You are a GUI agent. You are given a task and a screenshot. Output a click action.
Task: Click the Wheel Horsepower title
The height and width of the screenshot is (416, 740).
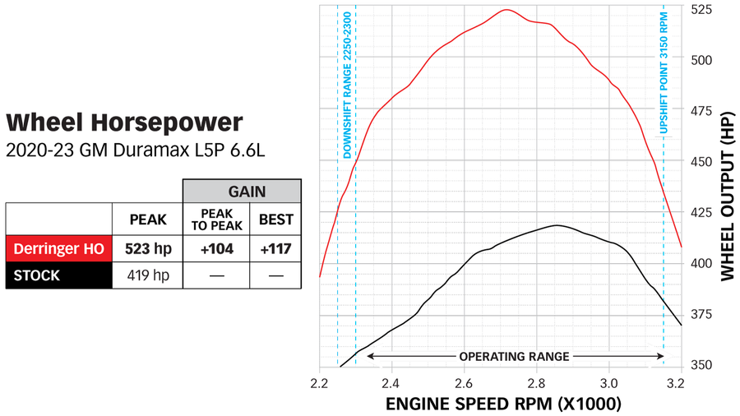coord(124,122)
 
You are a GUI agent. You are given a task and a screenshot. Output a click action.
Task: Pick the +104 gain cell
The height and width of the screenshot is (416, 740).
coord(217,247)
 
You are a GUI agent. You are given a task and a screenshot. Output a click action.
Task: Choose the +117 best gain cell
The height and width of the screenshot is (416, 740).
coord(275,247)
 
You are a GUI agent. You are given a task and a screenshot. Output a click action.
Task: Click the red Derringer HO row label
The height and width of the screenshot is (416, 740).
coord(58,247)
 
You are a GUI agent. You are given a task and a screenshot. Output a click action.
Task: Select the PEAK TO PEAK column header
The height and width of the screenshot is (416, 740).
coord(217,220)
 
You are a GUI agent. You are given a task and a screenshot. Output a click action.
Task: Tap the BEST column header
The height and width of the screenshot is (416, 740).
coord(275,220)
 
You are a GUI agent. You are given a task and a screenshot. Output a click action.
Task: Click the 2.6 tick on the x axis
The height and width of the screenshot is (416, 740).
coord(464,383)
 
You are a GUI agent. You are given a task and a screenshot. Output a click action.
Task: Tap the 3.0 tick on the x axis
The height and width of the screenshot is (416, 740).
coord(609,383)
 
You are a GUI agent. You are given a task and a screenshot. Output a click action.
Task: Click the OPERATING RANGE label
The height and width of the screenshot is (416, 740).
coord(514,356)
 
